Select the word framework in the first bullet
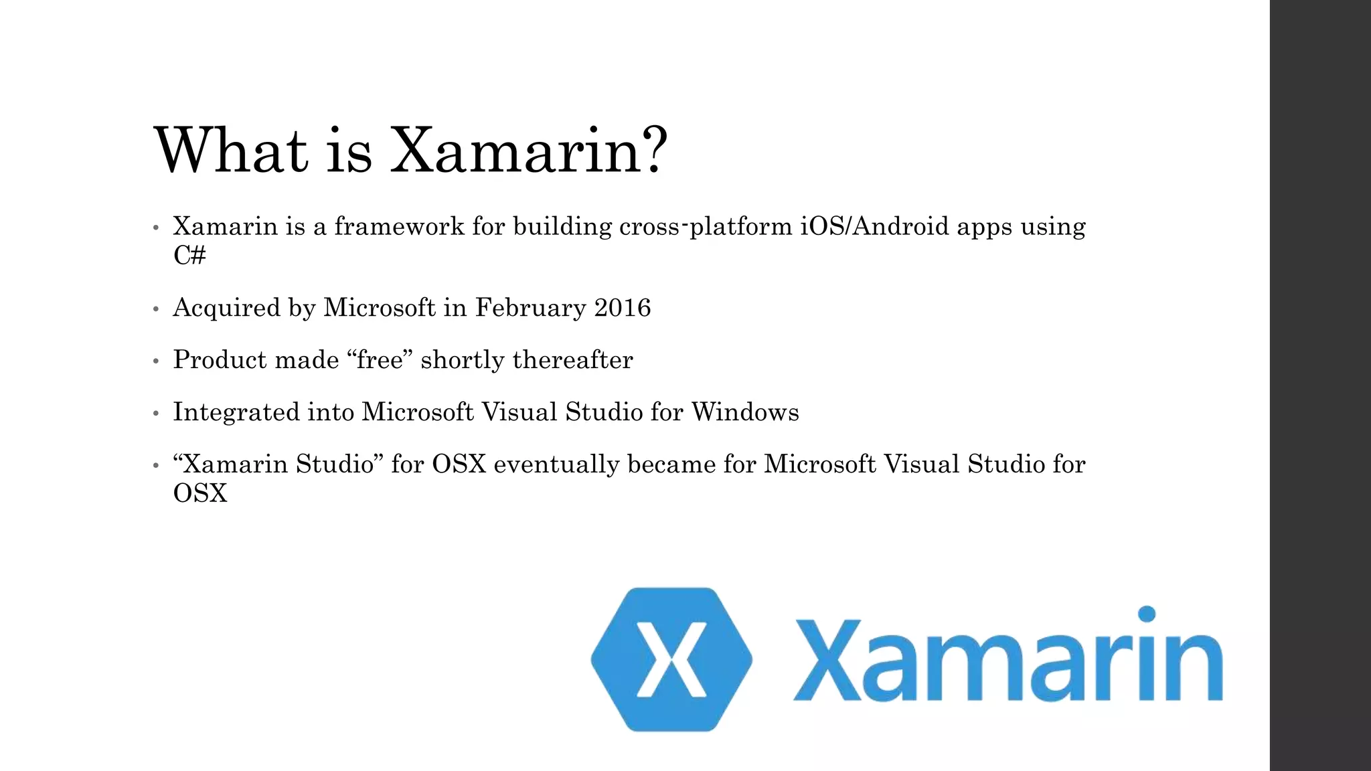[x=399, y=226]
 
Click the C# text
[x=189, y=255]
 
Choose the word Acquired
[x=226, y=308]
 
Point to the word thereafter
[x=572, y=360]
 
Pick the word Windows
[x=745, y=412]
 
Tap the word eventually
[x=556, y=464]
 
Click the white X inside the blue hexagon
[x=671, y=659]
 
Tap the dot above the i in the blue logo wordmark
[x=1147, y=614]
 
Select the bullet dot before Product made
[x=156, y=362]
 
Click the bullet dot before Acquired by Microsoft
[x=156, y=310]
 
